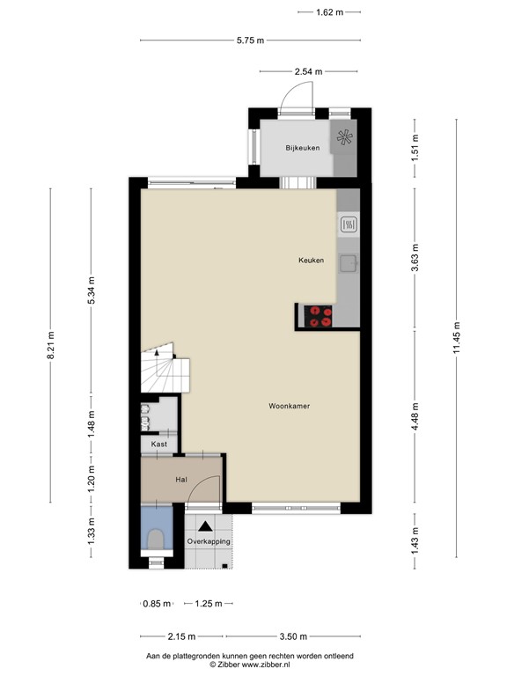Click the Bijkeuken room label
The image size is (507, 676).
301,148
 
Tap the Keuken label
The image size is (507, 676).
311,261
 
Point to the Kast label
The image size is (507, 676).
159,445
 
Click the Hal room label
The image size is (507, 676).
181,479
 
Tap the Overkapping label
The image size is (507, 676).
209,541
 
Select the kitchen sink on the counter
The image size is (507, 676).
349,261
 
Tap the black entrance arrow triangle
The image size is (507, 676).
205,525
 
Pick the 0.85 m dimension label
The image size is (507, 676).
152,604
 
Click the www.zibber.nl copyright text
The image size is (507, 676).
256,665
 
